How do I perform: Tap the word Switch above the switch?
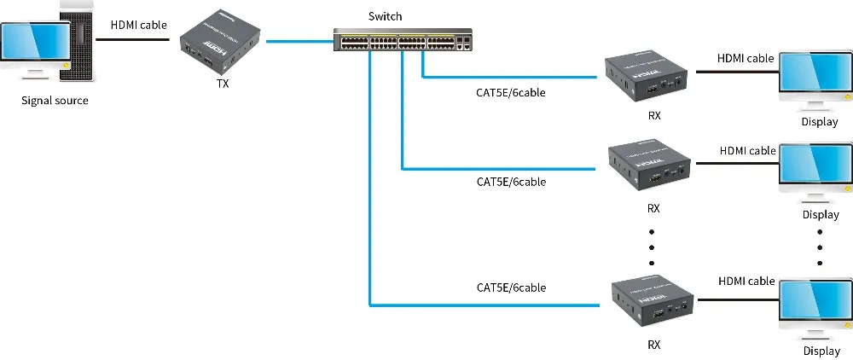[x=385, y=16]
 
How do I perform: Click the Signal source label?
[x=55, y=101]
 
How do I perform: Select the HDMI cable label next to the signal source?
[x=139, y=25]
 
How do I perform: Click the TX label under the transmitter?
[x=223, y=84]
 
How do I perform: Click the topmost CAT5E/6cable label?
[x=510, y=92]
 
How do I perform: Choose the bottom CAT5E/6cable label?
[x=510, y=287]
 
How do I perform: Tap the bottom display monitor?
[x=815, y=304]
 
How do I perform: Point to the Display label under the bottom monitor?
[x=821, y=351]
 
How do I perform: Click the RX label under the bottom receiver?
[x=653, y=345]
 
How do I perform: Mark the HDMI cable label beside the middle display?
[x=747, y=151]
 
